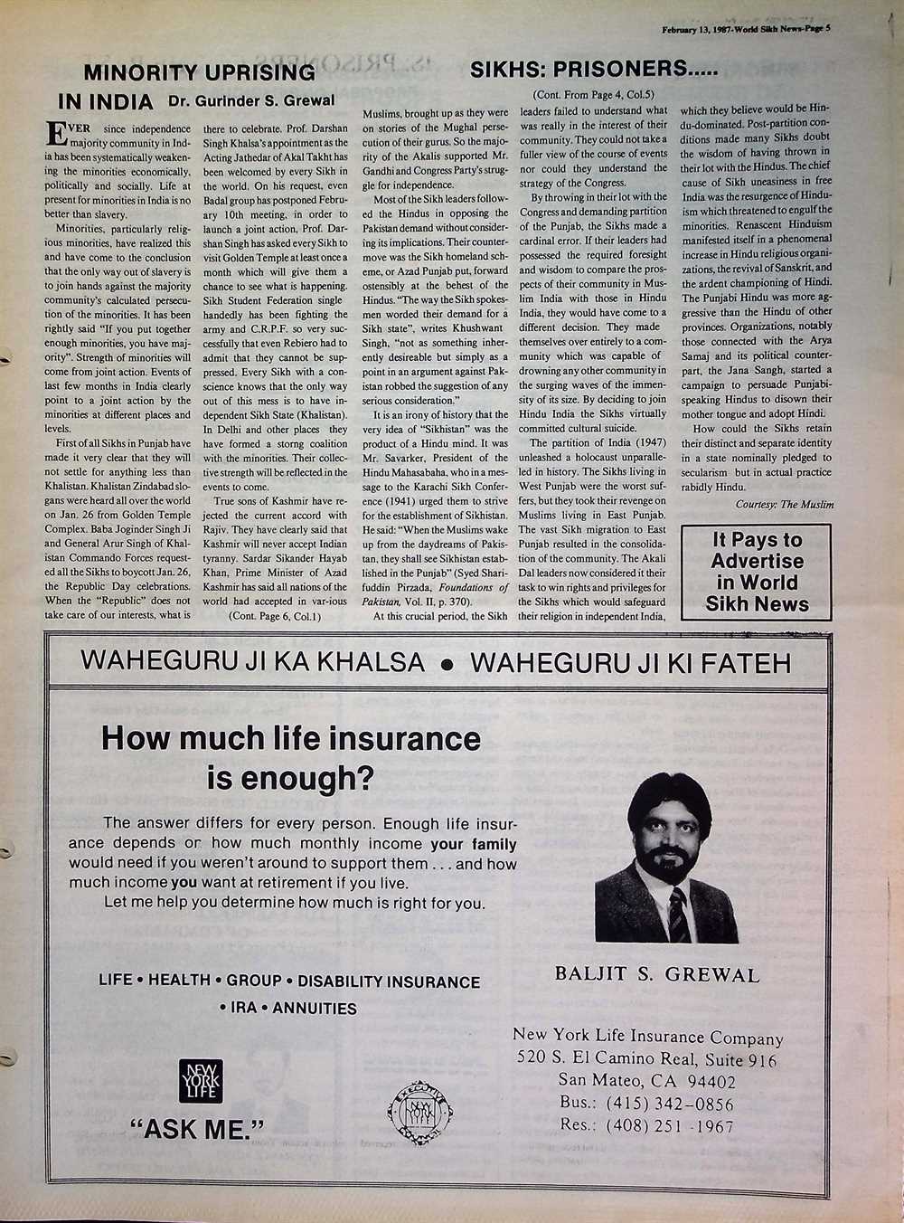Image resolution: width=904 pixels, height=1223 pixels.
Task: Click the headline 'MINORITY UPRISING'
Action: (x=200, y=72)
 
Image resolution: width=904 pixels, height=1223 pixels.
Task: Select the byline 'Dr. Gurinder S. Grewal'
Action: (x=251, y=100)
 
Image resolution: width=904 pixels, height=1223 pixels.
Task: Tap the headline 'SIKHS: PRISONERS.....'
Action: (x=594, y=69)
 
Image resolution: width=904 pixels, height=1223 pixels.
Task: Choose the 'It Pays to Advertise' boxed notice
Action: (x=757, y=572)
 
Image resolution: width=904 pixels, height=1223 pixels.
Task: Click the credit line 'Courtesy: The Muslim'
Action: (x=784, y=504)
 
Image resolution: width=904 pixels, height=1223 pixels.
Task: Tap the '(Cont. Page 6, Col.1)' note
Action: (x=275, y=616)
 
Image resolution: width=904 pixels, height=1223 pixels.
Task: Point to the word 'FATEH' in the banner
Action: (x=745, y=662)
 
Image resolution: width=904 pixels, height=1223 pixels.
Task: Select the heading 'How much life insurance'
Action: (x=290, y=738)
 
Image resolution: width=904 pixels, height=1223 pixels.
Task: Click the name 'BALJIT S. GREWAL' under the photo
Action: (x=656, y=974)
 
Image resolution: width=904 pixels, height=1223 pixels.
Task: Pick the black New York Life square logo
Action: (x=200, y=1082)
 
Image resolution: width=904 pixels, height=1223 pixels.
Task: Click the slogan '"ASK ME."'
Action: (x=198, y=1129)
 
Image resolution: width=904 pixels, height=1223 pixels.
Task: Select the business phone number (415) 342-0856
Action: (x=670, y=1104)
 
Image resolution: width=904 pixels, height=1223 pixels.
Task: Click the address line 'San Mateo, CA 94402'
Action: (x=646, y=1081)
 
